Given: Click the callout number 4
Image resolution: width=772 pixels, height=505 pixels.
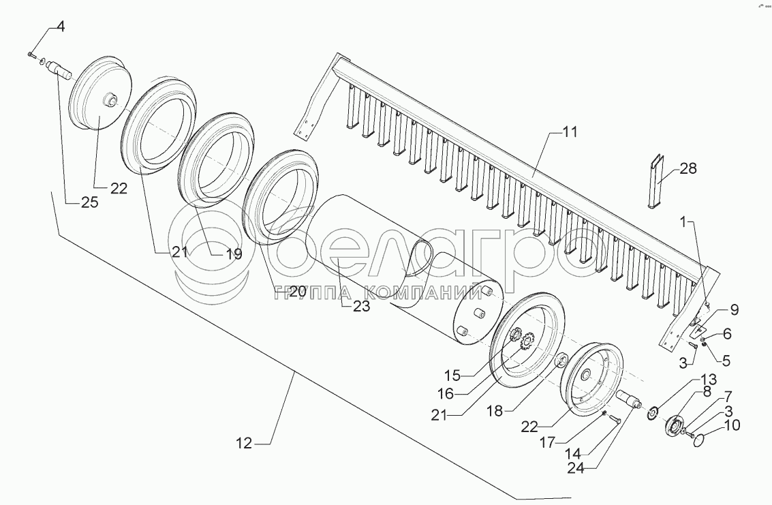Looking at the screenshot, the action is (61, 27).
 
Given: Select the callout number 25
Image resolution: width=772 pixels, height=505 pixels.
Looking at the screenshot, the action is (90, 202).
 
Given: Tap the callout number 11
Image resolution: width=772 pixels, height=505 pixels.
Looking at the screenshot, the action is (569, 132).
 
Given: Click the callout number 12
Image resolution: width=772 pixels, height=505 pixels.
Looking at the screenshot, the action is (245, 444).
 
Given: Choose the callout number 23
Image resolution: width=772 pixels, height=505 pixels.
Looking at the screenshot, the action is (361, 306).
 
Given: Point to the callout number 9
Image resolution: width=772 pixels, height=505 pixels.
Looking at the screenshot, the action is (732, 310).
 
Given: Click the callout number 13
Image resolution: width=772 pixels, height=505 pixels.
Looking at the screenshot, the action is (709, 379).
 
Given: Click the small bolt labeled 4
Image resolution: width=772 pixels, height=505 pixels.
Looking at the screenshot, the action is (31, 53).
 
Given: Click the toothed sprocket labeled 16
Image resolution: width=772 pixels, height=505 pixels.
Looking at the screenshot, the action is (524, 343).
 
